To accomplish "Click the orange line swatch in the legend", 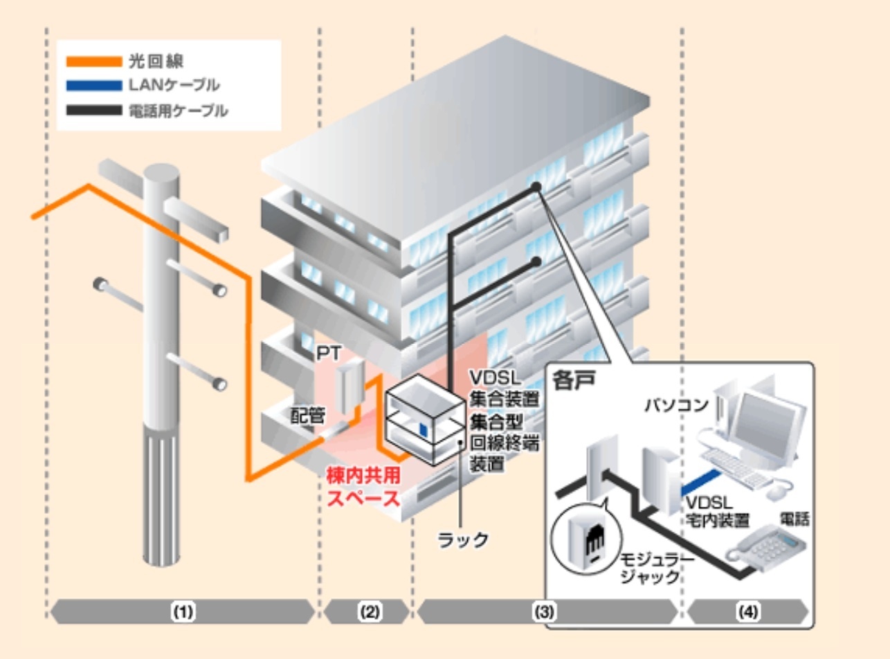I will tap(93, 62).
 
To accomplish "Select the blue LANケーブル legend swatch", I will tap(93, 86).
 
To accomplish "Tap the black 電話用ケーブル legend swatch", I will tap(93, 110).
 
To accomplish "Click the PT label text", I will tap(328, 353).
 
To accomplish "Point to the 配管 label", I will tap(307, 415).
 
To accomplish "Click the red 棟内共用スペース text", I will tap(363, 487).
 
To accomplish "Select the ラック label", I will tap(463, 539).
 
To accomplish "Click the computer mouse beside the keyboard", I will tap(779, 490).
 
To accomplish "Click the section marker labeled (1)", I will tap(183, 612).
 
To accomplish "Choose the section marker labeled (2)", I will tap(369, 612).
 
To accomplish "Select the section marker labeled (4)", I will tap(747, 612).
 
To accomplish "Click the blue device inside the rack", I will tap(423, 429).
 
